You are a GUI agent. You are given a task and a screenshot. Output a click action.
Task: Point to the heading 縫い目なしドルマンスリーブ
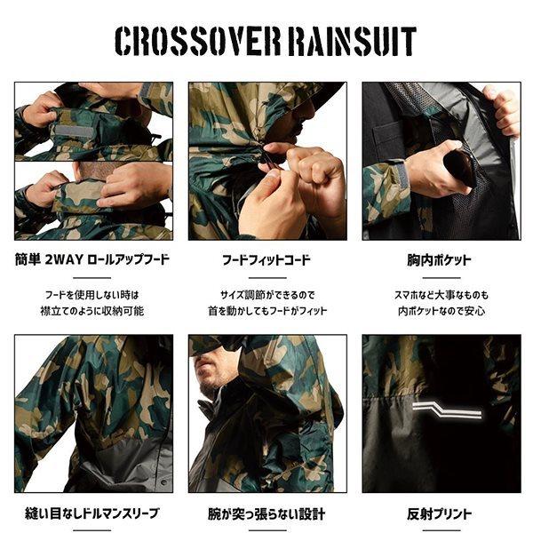pyautogui.click(x=93, y=513)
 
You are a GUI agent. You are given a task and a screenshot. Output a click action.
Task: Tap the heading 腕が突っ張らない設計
pyautogui.click(x=266, y=513)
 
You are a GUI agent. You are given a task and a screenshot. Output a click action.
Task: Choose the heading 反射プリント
pyautogui.click(x=441, y=513)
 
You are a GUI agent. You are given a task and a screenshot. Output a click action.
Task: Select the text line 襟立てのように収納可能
pyautogui.click(x=93, y=311)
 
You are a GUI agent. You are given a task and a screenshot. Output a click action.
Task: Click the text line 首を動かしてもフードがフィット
pyautogui.click(x=266, y=311)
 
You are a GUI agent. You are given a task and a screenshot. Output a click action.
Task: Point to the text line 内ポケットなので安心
pyautogui.click(x=441, y=311)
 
